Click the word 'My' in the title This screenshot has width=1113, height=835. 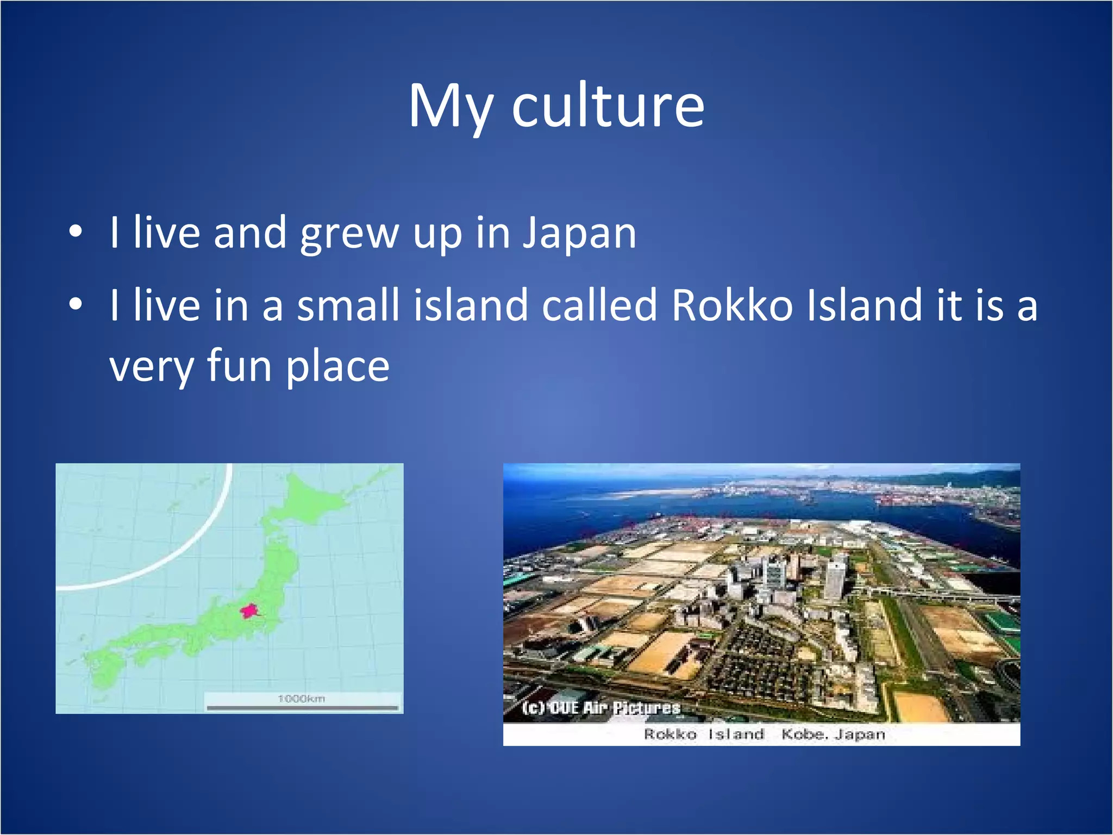[x=450, y=108]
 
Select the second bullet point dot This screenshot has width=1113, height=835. [x=76, y=305]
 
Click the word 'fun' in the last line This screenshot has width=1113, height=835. [x=239, y=366]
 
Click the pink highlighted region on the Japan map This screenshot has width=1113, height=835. [x=249, y=611]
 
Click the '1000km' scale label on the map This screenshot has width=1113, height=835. [x=301, y=699]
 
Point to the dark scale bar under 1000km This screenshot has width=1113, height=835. [x=302, y=708]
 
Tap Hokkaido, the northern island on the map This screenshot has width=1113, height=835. [x=310, y=497]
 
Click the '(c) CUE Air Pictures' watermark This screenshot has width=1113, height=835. [x=601, y=708]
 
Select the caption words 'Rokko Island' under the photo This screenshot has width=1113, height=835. [x=704, y=734]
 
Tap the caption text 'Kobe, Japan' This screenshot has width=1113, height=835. [x=833, y=734]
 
